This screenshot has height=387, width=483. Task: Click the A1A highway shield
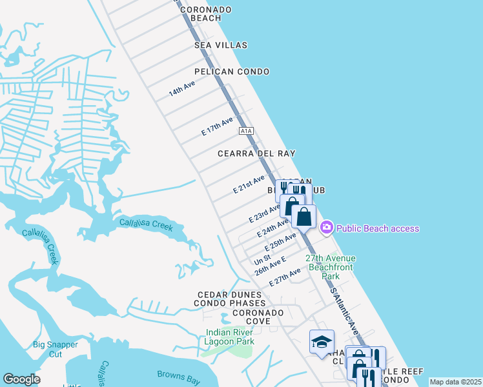click(245, 131)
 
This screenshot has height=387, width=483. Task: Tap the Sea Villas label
click(221, 45)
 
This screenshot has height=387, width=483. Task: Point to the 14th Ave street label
click(181, 89)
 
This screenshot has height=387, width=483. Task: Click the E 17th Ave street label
click(217, 126)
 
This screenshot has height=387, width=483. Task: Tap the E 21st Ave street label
click(249, 184)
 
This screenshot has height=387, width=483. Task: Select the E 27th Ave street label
click(285, 278)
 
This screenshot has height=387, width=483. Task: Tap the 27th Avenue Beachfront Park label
click(331, 267)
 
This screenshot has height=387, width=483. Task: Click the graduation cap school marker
click(321, 341)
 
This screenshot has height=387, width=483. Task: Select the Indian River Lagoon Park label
click(231, 337)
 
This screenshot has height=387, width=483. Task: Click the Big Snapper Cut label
click(56, 349)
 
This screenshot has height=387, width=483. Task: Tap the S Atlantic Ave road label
click(345, 310)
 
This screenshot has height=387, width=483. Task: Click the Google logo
click(22, 379)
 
